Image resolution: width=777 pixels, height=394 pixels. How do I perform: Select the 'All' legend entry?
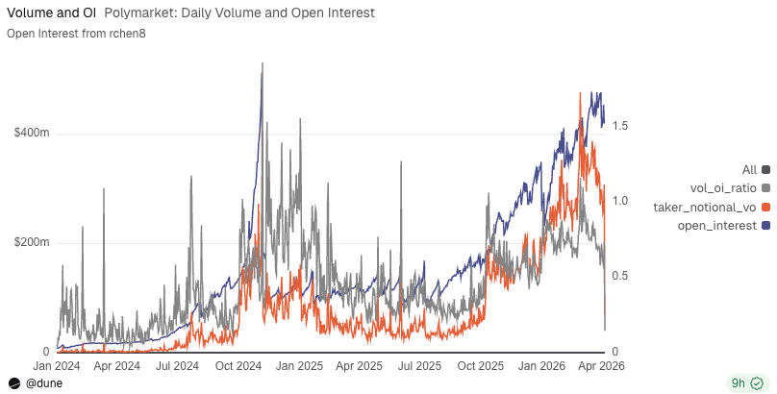pos(750,169)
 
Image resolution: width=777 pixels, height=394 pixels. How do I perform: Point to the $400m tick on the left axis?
pos(32,133)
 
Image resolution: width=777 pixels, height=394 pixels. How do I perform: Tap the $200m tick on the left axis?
pos(32,242)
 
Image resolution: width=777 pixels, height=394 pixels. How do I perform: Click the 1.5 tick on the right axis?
pos(620,126)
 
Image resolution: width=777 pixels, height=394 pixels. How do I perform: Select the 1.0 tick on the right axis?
pos(620,201)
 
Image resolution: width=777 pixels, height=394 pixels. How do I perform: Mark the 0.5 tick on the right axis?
pos(620,276)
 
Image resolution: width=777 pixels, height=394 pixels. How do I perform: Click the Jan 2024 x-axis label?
pos(56,366)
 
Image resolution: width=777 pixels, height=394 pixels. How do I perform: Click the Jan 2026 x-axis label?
pos(541,366)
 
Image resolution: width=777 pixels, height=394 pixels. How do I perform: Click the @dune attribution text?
pos(44,382)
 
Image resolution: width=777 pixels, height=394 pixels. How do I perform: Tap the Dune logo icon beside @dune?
pos(14,382)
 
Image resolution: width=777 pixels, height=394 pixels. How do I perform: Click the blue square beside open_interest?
pos(765,225)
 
